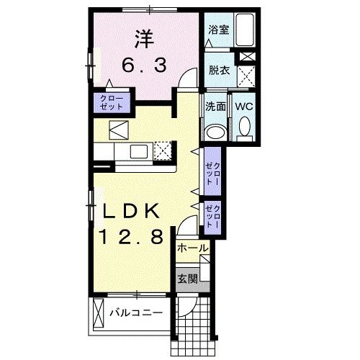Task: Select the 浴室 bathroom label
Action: (x=218, y=31)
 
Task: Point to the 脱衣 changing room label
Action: (x=218, y=71)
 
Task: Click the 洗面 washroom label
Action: (x=216, y=107)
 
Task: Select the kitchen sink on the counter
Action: (x=138, y=150)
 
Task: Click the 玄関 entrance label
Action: (x=188, y=279)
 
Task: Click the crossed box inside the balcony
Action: (x=98, y=314)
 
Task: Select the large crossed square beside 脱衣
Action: (x=246, y=75)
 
